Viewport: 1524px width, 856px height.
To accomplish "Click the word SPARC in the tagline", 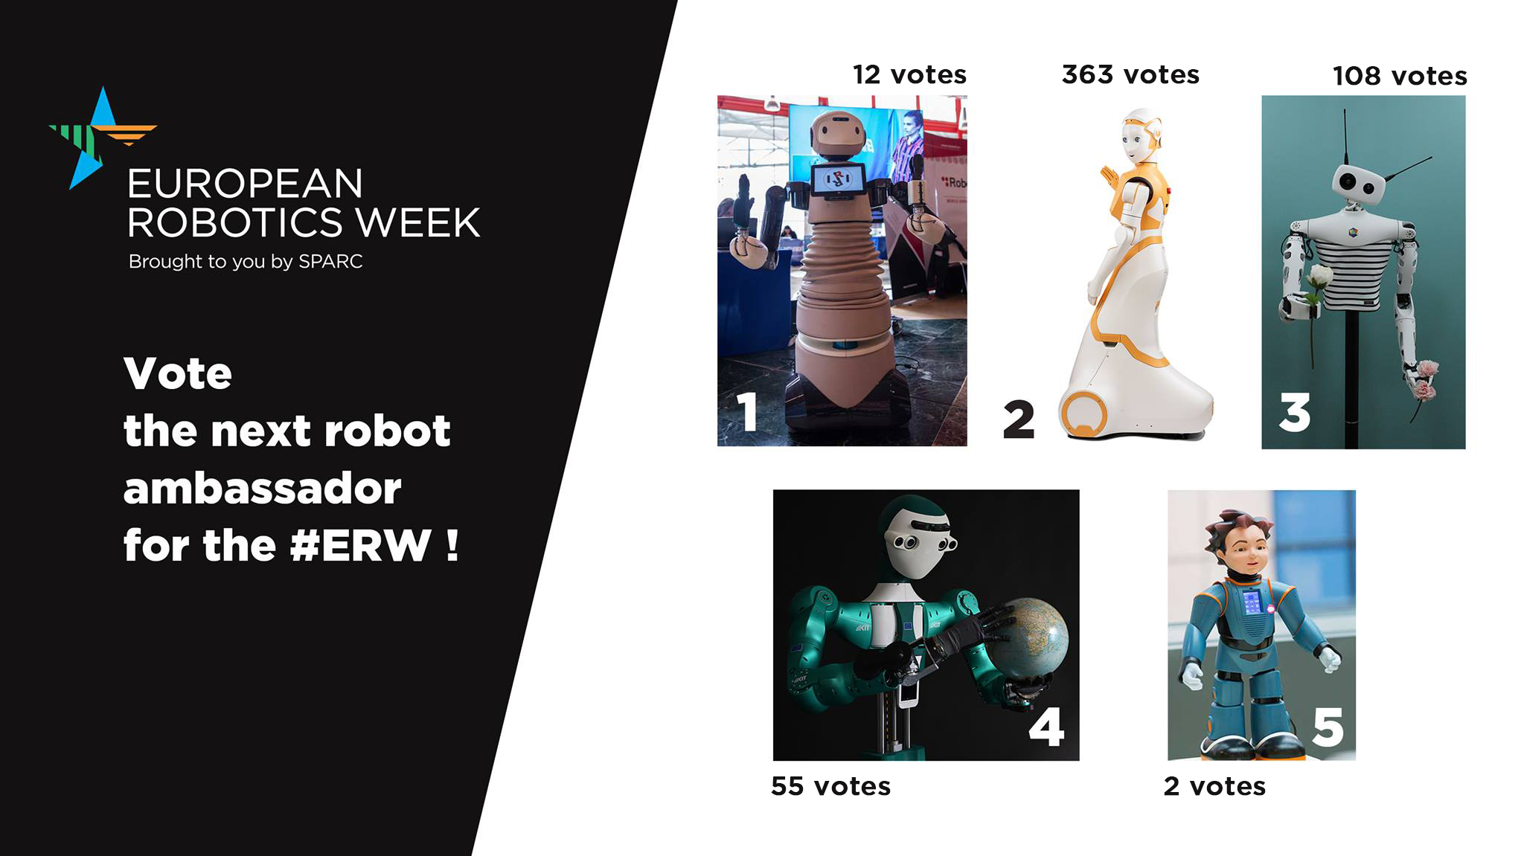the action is click(x=330, y=262).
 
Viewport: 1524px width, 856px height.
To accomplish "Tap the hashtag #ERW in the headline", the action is click(x=361, y=545).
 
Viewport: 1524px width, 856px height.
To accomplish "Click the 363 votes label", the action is click(x=1130, y=74).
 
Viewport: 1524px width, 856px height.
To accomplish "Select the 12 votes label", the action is click(x=909, y=74).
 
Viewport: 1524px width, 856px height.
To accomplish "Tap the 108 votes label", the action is click(x=1400, y=76).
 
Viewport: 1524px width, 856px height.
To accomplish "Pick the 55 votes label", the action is click(x=830, y=786).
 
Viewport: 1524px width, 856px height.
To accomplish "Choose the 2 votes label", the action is click(x=1214, y=786).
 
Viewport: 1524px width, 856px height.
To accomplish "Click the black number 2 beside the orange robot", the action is click(x=1019, y=420).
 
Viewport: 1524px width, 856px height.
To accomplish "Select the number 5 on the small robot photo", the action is click(x=1328, y=727).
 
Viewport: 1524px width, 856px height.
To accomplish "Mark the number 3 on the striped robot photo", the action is click(x=1295, y=413).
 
